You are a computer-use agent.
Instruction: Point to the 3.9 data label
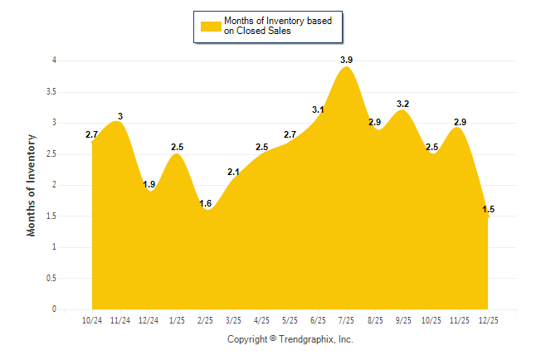point(346,60)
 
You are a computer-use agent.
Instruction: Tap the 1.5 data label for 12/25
point(489,209)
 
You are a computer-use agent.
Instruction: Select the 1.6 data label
point(205,203)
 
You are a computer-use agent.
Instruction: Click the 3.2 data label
point(403,104)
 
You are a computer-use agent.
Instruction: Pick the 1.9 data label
point(149,184)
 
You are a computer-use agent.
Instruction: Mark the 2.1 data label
point(233,172)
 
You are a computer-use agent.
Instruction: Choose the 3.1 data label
point(318,109)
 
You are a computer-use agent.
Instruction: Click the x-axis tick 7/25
point(347,319)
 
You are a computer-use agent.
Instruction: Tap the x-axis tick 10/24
point(92,319)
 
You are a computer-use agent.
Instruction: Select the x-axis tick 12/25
point(489,319)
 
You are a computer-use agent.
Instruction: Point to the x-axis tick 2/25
point(205,319)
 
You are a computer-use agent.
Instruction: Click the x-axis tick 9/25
point(403,319)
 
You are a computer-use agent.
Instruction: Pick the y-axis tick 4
point(54,61)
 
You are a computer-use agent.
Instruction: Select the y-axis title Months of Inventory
point(32,185)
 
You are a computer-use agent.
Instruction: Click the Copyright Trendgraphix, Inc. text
point(290,339)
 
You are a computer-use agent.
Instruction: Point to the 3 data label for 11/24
point(120,116)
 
